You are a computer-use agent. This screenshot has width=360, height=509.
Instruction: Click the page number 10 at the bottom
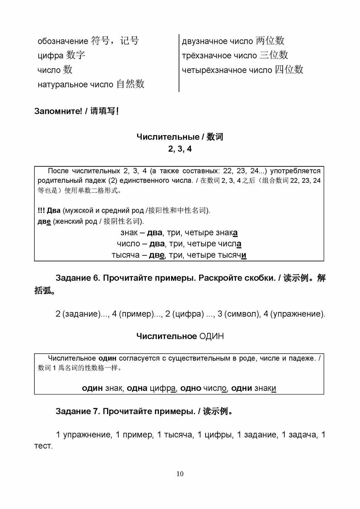pos(180,474)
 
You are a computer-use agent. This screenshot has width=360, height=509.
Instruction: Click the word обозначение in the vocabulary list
pos(63,41)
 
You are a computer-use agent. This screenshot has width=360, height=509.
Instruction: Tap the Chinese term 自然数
pos(130,84)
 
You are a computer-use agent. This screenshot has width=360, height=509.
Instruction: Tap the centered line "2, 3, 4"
pos(180,149)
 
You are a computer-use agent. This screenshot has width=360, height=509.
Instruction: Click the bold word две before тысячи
pos(157,255)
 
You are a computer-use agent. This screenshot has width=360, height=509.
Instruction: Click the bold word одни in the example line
pos(241,388)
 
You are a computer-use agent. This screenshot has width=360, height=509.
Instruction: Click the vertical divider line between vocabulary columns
pos(179,63)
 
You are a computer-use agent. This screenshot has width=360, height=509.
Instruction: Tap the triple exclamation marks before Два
pos(41,211)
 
